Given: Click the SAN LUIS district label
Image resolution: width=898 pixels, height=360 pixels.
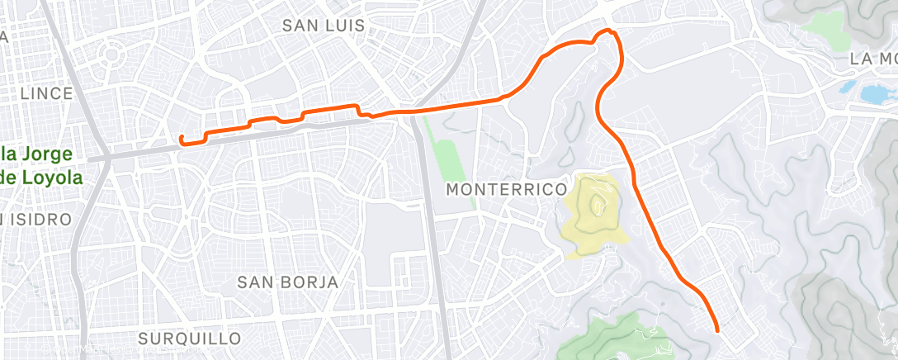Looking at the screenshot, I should coord(323,26).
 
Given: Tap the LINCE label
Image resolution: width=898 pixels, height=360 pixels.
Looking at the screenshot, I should coord(47,93).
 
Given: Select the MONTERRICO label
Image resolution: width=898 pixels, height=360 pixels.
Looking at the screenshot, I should coord(506,189).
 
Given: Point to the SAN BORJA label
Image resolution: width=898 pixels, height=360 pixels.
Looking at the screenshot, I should coord(287,282).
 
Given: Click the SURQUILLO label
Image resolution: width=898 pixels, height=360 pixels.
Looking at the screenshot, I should coord(190,339).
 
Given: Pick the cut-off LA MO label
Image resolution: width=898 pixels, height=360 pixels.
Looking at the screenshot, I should coord(873,59).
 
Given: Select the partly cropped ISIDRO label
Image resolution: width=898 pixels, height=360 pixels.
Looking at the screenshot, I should coord(37,219).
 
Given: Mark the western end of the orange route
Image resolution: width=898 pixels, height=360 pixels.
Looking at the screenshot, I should coord(181,137).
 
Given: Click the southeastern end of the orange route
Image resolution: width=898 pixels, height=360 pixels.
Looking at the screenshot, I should coord(716,330).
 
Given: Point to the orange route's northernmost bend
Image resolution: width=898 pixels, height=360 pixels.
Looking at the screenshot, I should coord(611,31).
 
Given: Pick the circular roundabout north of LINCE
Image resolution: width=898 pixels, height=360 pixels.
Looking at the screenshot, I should coord(110,56).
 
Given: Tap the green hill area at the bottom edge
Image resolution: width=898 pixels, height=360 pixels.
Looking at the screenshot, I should coord(619,343).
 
